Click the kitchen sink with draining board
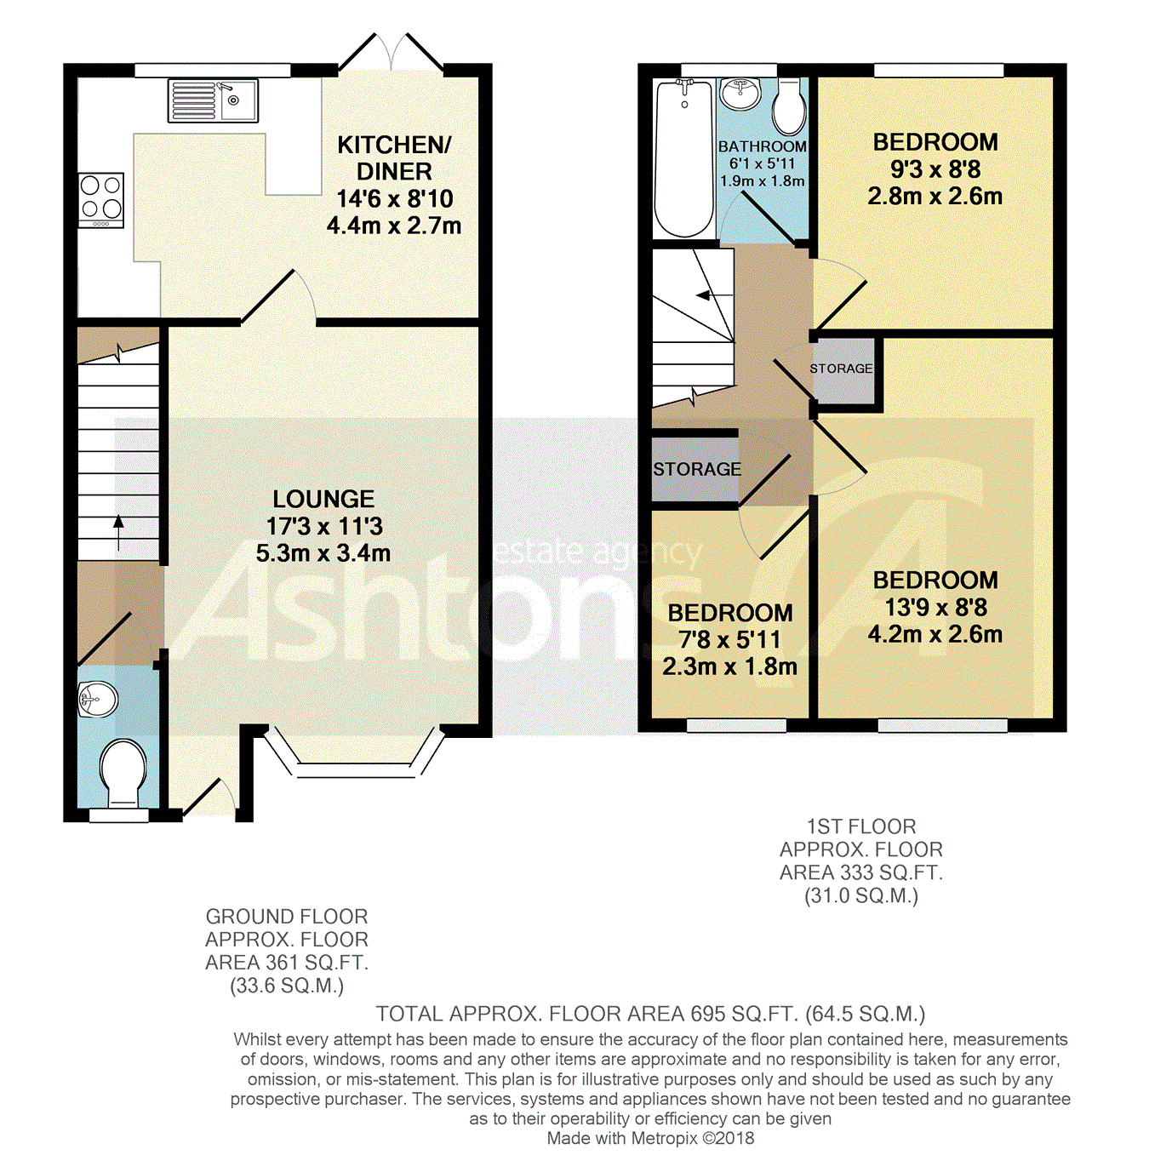click(x=213, y=100)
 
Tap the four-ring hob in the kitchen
click(x=101, y=200)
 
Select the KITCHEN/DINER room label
click(x=394, y=158)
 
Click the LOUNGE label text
click(x=323, y=499)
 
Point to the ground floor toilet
click(x=123, y=773)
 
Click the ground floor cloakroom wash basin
click(x=98, y=700)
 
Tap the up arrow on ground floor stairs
click(x=118, y=532)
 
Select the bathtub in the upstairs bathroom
click(x=684, y=159)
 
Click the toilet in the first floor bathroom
click(x=789, y=106)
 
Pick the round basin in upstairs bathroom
click(x=741, y=95)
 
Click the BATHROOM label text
click(x=762, y=146)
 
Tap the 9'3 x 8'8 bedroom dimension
click(x=935, y=169)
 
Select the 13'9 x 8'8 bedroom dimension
click(x=935, y=608)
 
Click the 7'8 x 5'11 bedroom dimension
click(x=729, y=639)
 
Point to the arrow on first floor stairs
click(x=714, y=295)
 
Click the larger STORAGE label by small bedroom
click(x=697, y=469)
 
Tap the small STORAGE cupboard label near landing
click(x=841, y=368)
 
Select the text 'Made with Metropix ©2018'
click(x=650, y=1138)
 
